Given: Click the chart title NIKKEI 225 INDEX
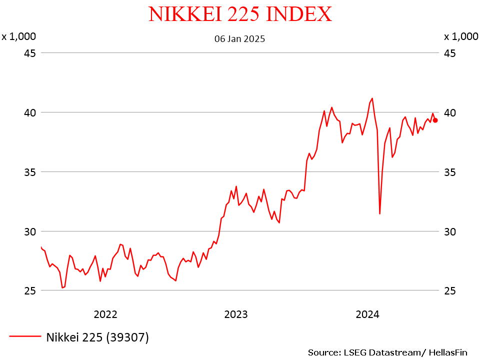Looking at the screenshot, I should [240, 14].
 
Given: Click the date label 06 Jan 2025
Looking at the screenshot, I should [239, 38].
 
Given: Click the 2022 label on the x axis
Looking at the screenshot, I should [105, 314].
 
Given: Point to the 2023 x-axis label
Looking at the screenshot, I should [236, 314].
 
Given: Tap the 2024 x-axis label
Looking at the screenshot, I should [367, 314].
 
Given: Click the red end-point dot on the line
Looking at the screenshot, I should [435, 120].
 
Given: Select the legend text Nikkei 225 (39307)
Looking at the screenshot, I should [97, 337].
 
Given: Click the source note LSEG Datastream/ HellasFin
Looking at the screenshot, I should [387, 352].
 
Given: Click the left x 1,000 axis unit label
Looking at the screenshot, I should [18, 36].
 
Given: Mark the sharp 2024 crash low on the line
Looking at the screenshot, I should [380, 213].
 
